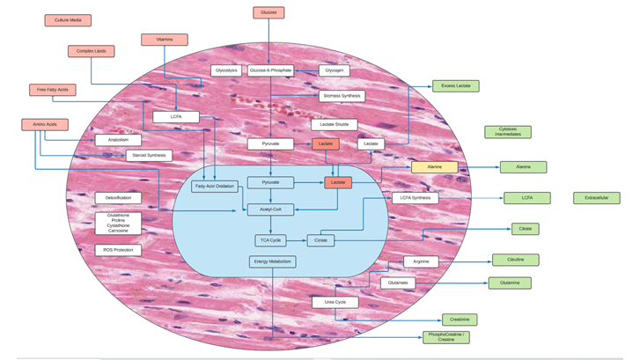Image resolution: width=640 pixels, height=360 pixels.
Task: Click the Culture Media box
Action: point(68,20)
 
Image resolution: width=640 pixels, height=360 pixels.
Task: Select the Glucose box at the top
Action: point(269,13)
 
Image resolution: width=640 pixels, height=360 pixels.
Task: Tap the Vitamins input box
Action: point(165,40)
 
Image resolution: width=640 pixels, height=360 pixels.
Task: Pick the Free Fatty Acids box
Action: point(52,90)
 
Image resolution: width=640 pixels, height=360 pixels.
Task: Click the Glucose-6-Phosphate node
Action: point(270,70)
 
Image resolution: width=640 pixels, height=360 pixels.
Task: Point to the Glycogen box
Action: point(334,70)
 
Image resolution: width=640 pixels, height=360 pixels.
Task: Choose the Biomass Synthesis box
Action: point(342,95)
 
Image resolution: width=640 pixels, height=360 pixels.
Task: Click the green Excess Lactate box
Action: point(456,86)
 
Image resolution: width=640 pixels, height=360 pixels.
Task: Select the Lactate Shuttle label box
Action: point(335,125)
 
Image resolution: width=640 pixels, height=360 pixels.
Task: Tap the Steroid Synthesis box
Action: point(148,156)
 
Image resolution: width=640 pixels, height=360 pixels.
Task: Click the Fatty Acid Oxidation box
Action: point(215,187)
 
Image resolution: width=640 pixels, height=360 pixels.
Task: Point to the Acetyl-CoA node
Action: point(270,210)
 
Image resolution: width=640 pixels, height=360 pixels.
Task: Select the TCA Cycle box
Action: point(269,240)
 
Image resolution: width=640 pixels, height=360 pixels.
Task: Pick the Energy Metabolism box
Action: point(272,261)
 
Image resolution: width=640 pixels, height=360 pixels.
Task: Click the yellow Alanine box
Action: point(435,167)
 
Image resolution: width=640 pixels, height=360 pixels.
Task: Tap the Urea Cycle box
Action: point(335,303)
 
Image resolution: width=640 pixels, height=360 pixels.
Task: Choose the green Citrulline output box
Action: point(515,261)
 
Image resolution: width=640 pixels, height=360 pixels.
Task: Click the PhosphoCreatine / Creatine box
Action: point(445,337)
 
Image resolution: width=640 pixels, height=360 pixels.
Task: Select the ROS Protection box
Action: point(118,251)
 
